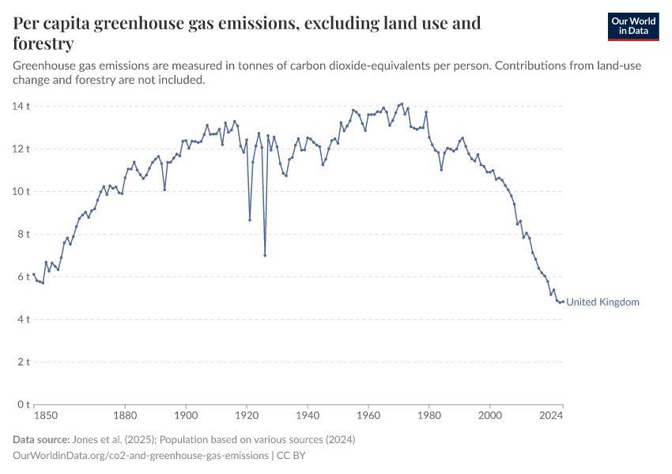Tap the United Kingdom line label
coord(603,302)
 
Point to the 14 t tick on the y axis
coord(21,106)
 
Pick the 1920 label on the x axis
coord(247,415)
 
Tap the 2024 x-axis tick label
coord(551,415)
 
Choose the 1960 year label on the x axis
coord(368,415)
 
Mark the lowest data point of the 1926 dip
coord(265,255)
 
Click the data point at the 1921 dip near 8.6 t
coord(250,220)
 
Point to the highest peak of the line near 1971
coord(402,103)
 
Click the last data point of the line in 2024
coord(563,301)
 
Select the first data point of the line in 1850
coord(34,274)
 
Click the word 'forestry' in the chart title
coord(43,43)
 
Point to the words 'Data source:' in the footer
coord(40,439)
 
